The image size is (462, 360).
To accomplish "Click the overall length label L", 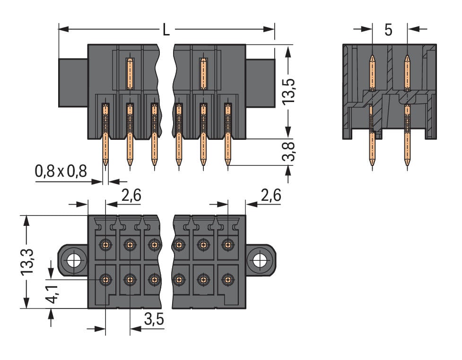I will pos(166,30).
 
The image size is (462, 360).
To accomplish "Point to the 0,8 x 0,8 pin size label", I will pos(61,171).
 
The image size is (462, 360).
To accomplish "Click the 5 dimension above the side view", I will pos(388,30).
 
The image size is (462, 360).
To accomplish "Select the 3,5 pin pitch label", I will pos(153,320).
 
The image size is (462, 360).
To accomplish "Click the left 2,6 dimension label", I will pos(131,195).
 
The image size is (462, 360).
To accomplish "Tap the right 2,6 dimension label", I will pos(270,195).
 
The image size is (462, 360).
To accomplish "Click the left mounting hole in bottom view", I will pos(73,260).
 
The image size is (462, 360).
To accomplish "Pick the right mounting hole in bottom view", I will pos(259,260).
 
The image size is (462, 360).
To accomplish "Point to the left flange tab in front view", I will pos(73,83).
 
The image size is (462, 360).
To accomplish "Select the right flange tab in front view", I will pos(260,83).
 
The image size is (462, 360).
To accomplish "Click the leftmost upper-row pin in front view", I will pos(130,74).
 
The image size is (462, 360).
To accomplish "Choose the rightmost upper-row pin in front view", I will pos(203,74).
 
